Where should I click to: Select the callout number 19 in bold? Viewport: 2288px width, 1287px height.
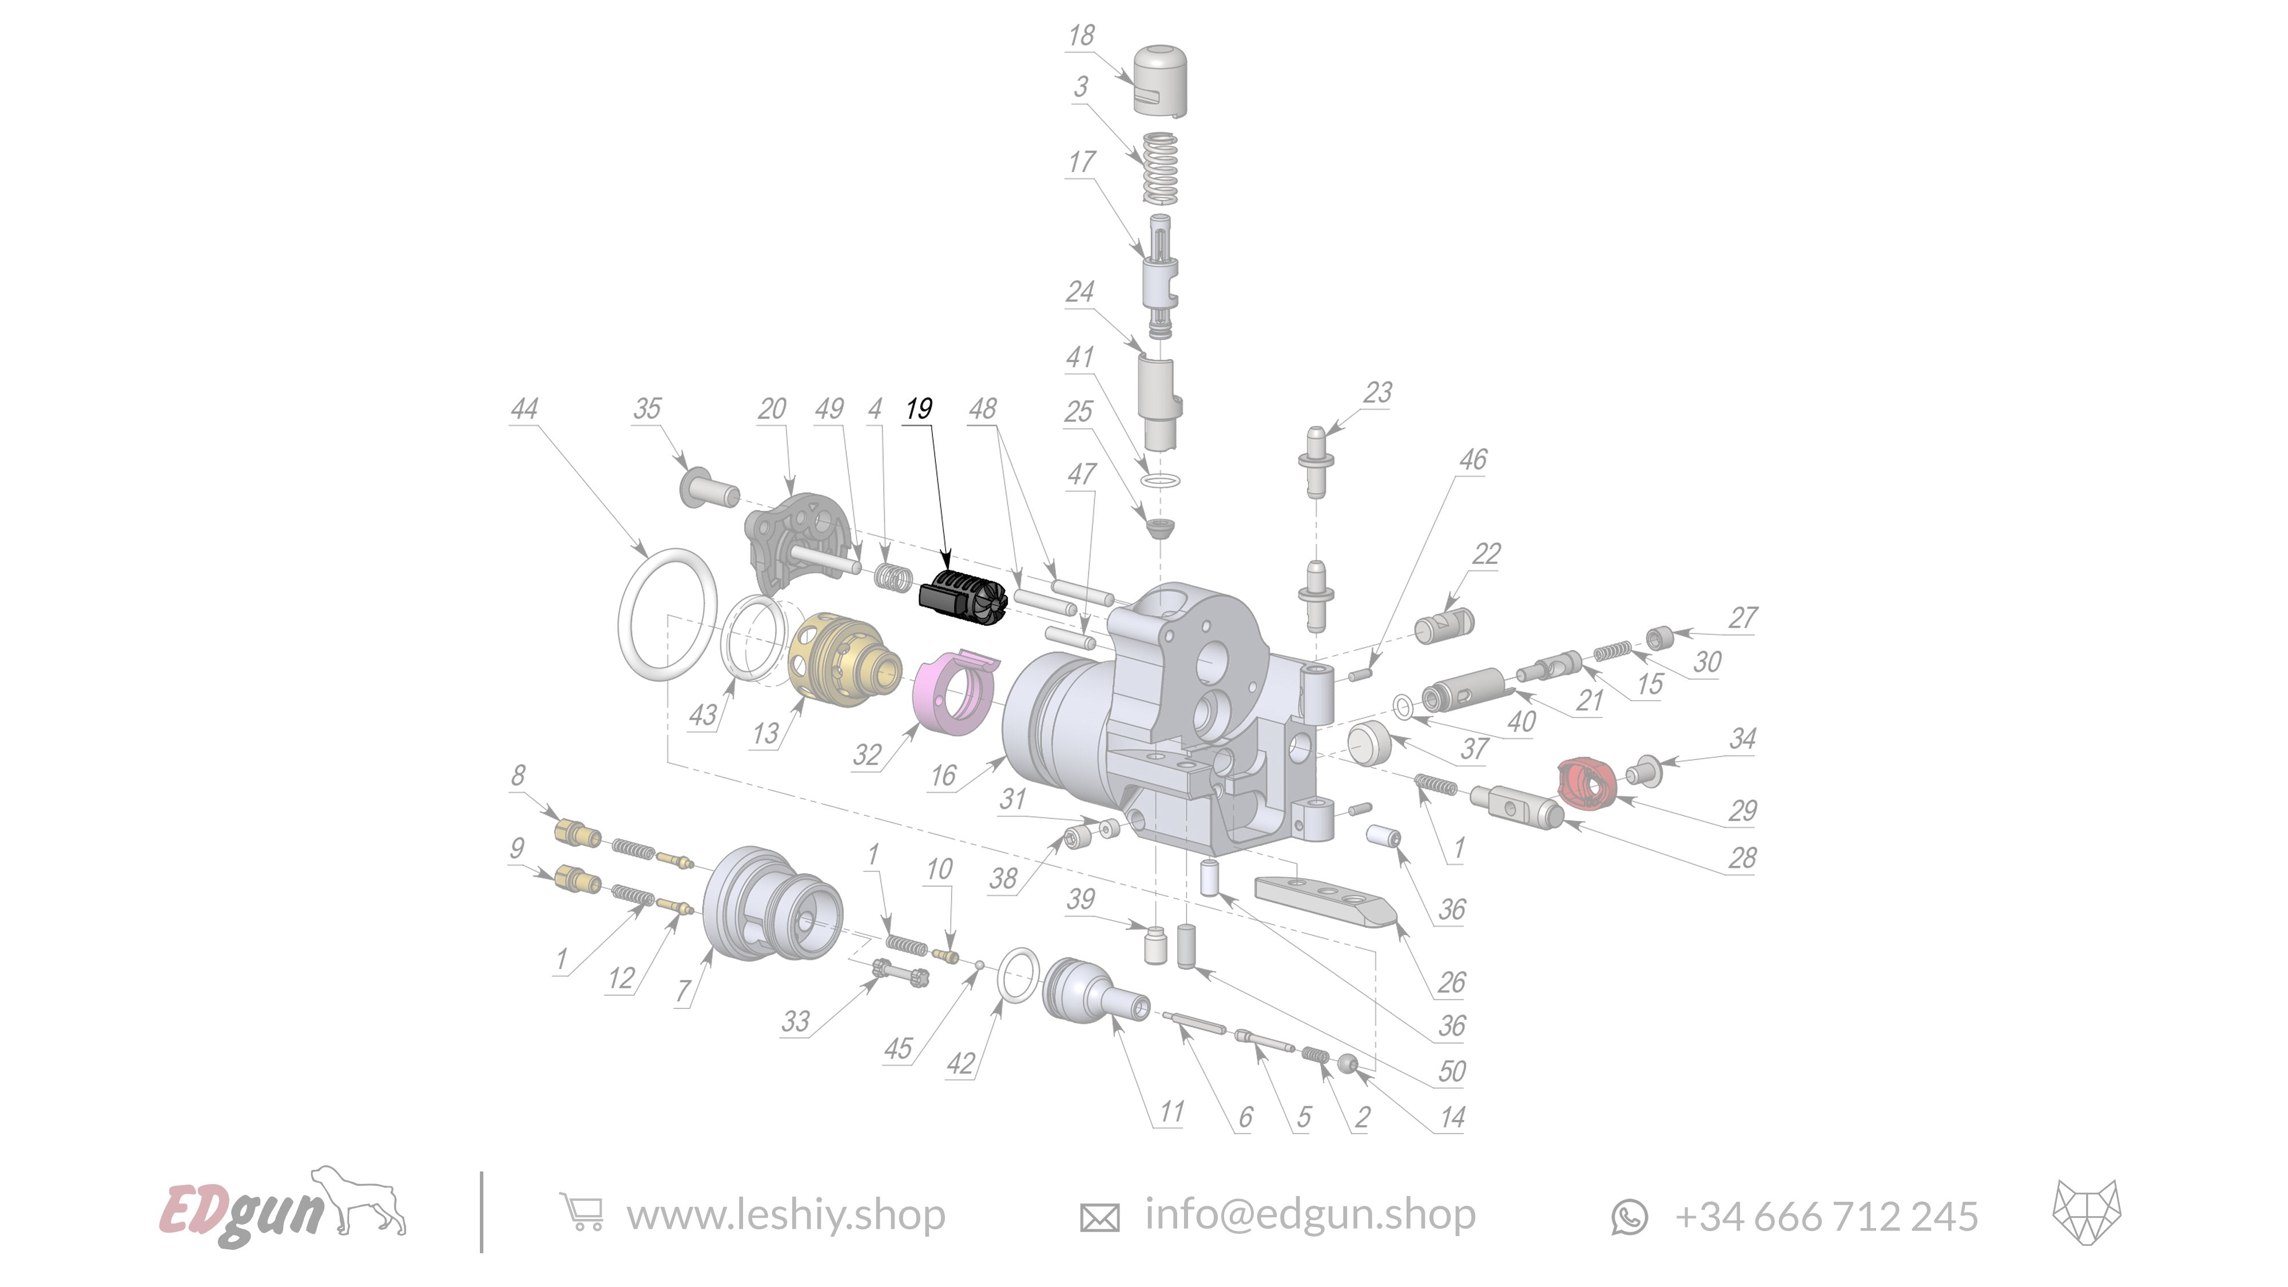(919, 408)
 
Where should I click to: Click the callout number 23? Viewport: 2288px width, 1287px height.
(1377, 392)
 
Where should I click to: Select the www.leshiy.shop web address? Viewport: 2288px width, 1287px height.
(785, 1215)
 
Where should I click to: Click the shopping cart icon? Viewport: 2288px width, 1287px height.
(581, 1213)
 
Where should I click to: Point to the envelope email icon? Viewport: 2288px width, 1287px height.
(1099, 1216)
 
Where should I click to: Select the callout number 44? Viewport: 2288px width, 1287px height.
(524, 408)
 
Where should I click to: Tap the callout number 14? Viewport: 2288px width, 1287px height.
(1451, 1117)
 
